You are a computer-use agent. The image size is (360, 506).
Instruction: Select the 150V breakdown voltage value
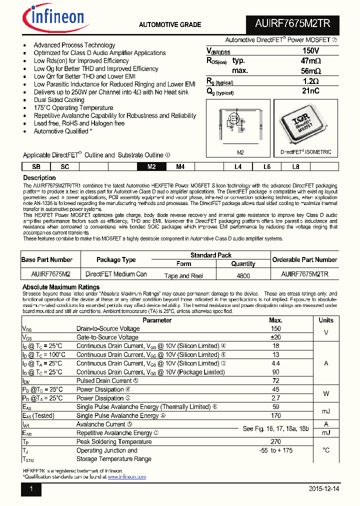(x=310, y=51)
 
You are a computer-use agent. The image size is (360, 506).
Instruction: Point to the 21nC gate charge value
(x=310, y=91)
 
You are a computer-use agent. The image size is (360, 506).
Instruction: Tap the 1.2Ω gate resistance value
(x=310, y=81)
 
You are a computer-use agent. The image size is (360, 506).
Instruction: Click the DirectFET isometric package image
(x=304, y=125)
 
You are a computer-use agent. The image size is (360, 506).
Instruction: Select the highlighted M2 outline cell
(x=151, y=167)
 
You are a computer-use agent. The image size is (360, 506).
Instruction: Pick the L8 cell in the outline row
(x=295, y=167)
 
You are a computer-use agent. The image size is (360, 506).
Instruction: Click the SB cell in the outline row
(x=36, y=167)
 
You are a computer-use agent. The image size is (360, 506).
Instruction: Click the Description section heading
(x=39, y=178)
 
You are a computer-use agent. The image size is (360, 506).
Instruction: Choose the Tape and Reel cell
(x=183, y=275)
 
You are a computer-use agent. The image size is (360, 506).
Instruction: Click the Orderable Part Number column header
(x=304, y=259)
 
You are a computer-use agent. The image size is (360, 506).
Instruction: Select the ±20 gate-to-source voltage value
(x=275, y=337)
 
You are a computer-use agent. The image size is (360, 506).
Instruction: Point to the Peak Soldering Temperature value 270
(x=275, y=441)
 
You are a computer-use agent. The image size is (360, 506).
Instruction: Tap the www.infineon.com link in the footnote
(x=126, y=477)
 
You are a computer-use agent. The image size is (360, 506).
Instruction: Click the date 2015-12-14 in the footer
(x=323, y=489)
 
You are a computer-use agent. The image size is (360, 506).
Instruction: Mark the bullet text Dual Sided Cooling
(x=59, y=100)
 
